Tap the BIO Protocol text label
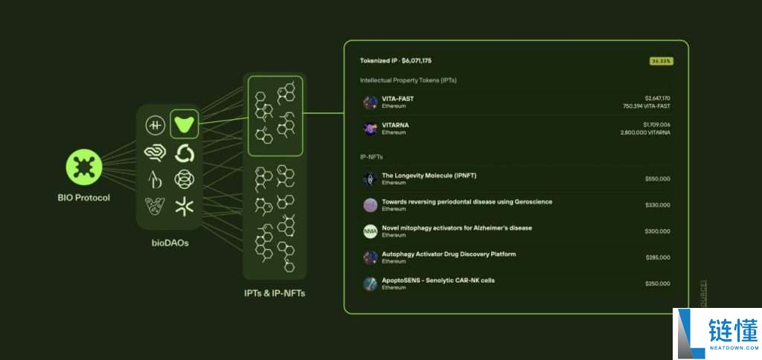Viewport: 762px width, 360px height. (x=83, y=198)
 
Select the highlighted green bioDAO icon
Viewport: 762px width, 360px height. (x=184, y=124)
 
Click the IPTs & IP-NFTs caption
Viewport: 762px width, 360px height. (x=275, y=293)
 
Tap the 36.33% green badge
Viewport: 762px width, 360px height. (x=661, y=61)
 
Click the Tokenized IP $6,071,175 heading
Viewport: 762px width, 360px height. (x=396, y=60)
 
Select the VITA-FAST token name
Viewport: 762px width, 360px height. (x=397, y=98)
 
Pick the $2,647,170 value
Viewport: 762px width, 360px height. (x=657, y=98)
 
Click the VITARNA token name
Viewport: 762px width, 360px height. (x=395, y=125)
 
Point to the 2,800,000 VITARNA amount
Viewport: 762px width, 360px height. (x=644, y=132)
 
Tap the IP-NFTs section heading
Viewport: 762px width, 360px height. (x=372, y=158)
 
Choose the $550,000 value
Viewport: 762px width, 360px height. (x=657, y=179)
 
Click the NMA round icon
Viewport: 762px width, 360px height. (x=370, y=231)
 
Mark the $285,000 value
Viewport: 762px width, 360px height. (x=657, y=257)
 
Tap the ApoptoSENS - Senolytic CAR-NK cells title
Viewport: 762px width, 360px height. (x=438, y=280)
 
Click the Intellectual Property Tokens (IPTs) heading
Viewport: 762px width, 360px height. (x=408, y=80)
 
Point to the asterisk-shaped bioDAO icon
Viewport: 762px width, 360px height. (x=184, y=207)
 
